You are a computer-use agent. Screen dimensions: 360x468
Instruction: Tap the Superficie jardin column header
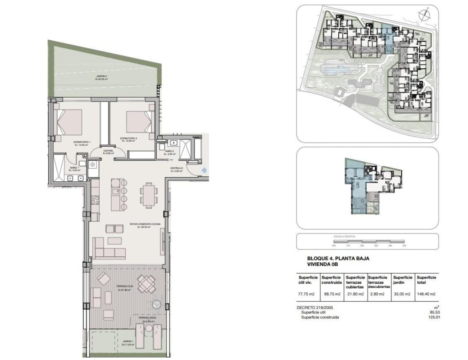[403, 280]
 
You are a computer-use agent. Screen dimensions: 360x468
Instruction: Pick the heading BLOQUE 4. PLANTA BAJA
[338, 259]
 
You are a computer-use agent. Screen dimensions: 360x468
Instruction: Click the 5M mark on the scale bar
[404, 245]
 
